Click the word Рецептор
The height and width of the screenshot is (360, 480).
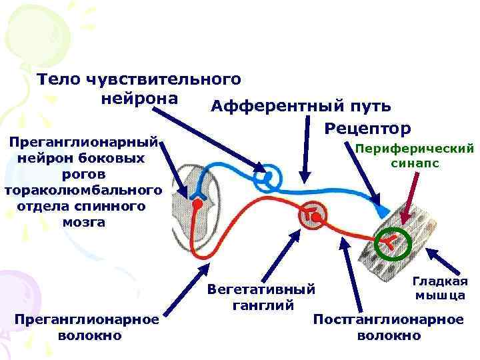tap(369, 127)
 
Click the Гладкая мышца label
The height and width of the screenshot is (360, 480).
tap(440, 287)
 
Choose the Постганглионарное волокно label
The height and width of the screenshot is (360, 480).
tap(389, 327)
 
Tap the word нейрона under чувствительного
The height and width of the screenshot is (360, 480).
tap(141, 99)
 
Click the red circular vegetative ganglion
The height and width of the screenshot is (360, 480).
tap(313, 216)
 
